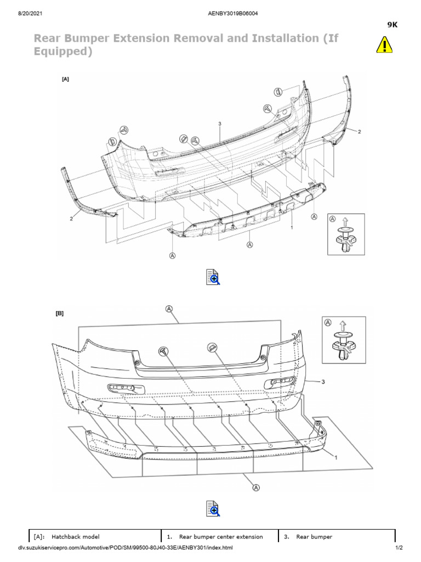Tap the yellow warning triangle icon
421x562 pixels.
pos(384,44)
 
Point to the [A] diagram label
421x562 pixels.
pos(66,79)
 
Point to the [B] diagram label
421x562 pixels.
pos(60,314)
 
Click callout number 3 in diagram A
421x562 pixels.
pos(219,124)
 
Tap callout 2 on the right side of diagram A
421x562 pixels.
pos(360,132)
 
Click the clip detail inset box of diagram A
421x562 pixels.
pos(345,233)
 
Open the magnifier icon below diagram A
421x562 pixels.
pos(213,277)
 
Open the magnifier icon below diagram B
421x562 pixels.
pos(213,508)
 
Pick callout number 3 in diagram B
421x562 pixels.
pos(323,382)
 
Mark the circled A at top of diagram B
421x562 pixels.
pos(169,310)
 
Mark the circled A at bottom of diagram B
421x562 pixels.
pos(255,486)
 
